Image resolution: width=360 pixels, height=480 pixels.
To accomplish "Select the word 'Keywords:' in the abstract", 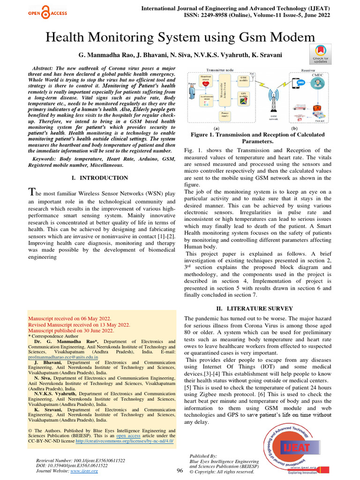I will coord(42,159).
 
